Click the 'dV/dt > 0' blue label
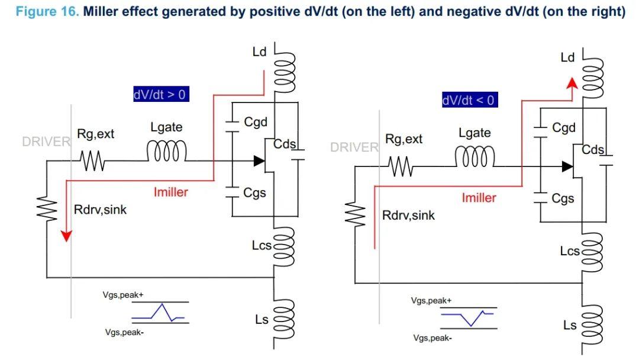pyautogui.click(x=161, y=94)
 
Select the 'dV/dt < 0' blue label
pyautogui.click(x=469, y=100)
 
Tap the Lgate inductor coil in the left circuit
pyautogui.click(x=167, y=151)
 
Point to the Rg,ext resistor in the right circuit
pyautogui.click(x=401, y=167)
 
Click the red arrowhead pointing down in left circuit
pyautogui.click(x=66, y=236)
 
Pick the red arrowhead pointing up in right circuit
pyautogui.click(x=572, y=83)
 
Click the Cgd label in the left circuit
pyautogui.click(x=256, y=122)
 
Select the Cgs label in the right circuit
pyautogui.click(x=563, y=198)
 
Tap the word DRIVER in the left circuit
pyautogui.click(x=46, y=142)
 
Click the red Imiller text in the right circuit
pyautogui.click(x=479, y=198)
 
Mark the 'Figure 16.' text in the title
pyautogui.click(x=47, y=11)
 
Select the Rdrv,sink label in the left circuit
pyautogui.click(x=100, y=210)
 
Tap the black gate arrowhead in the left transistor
pyautogui.click(x=259, y=161)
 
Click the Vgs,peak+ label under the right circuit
pyautogui.click(x=431, y=300)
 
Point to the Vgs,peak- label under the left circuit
pyautogui.click(x=124, y=332)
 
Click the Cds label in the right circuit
pyautogui.click(x=592, y=150)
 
